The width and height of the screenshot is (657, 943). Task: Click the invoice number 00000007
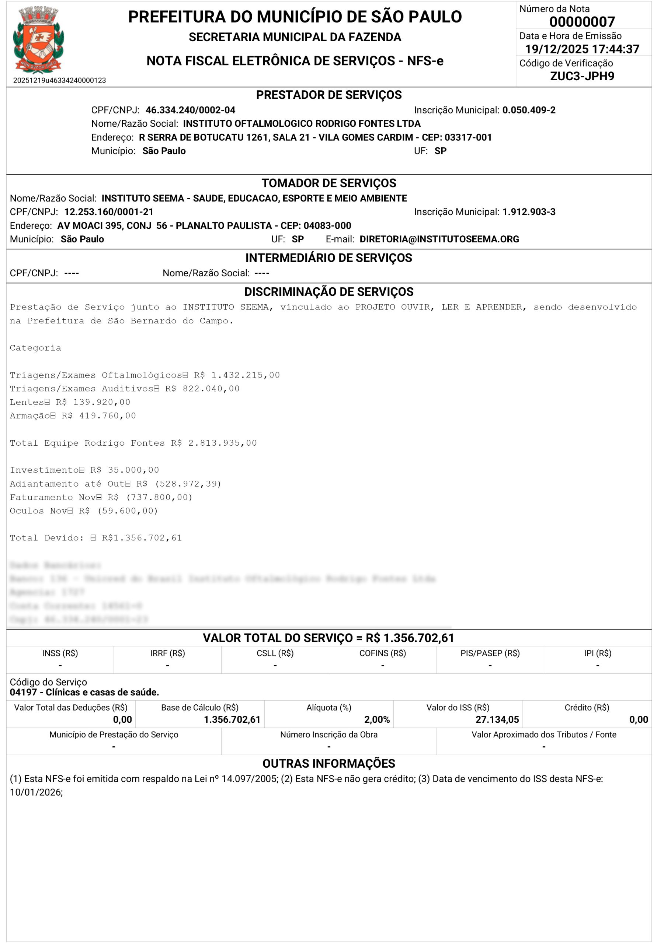(x=582, y=21)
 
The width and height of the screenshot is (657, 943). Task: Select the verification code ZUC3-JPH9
(x=582, y=76)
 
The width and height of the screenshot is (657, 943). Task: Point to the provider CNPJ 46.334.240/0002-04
(x=190, y=110)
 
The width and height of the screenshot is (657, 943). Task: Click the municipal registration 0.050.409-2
(x=529, y=110)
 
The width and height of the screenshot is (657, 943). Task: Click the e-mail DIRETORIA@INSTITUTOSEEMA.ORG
(x=439, y=239)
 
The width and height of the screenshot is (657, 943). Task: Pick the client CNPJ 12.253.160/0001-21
(x=109, y=212)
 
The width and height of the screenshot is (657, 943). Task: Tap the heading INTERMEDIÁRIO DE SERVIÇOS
(x=328, y=258)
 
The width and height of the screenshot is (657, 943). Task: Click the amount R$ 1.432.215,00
(x=237, y=375)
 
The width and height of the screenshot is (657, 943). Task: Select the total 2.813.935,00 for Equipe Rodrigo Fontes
(x=222, y=443)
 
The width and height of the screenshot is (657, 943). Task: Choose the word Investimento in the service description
(x=44, y=470)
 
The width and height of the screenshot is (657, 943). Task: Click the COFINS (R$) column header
(x=382, y=653)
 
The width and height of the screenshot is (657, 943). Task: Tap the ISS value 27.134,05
(x=497, y=719)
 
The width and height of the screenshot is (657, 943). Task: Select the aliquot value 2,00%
(x=376, y=719)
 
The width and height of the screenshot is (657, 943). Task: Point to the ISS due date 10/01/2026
(x=36, y=792)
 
